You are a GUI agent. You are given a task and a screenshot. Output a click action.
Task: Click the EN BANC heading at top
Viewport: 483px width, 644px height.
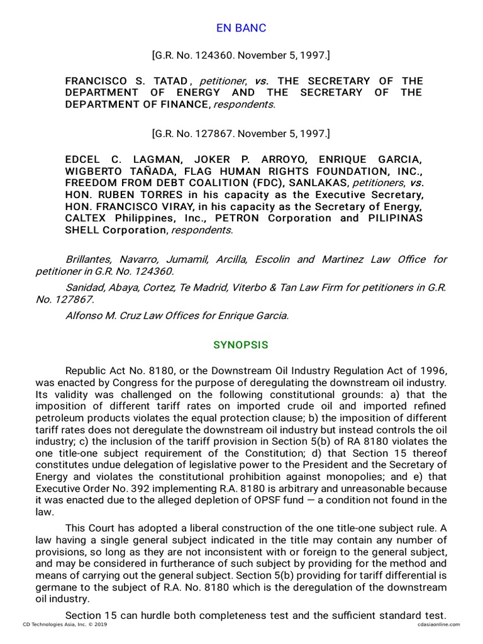pos(241,28)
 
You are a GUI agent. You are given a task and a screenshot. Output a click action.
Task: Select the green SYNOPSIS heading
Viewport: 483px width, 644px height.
pos(241,345)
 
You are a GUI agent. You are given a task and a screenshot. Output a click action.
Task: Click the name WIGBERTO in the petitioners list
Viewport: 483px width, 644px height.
pos(92,172)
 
